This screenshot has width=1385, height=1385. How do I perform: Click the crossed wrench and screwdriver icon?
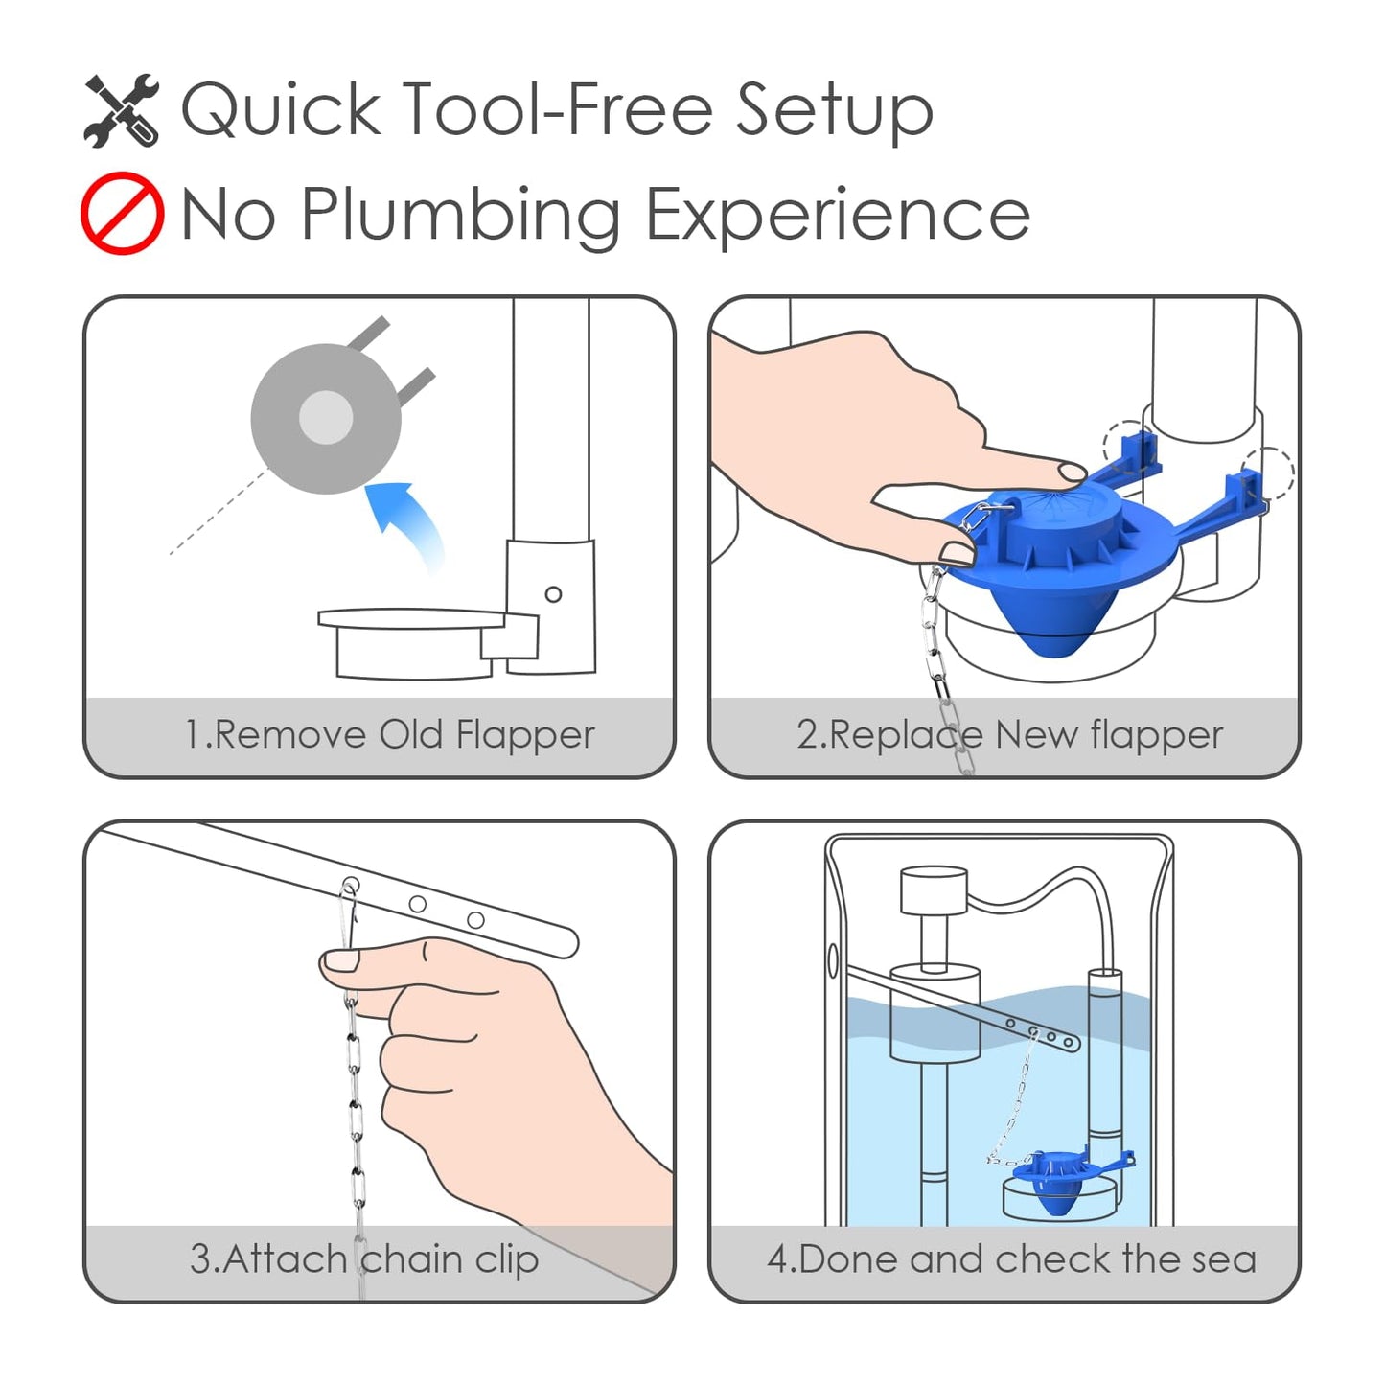(122, 110)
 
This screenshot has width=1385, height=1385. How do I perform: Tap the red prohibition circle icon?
(122, 213)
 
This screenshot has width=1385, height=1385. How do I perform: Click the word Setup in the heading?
(835, 110)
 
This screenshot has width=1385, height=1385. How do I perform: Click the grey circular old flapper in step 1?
(326, 418)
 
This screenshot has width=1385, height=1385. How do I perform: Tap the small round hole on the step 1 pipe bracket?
(553, 594)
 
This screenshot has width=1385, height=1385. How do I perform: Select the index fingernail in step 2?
(1072, 472)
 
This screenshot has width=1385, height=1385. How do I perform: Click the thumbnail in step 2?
(957, 553)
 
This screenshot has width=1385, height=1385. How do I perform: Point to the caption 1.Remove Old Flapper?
(390, 735)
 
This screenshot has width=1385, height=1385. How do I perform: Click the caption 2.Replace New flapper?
(1010, 735)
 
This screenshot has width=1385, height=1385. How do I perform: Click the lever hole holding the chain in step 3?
(351, 885)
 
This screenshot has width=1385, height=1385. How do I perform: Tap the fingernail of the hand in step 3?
(340, 960)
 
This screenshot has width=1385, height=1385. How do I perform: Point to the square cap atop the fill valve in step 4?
(933, 891)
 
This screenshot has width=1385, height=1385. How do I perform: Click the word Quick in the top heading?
(281, 108)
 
